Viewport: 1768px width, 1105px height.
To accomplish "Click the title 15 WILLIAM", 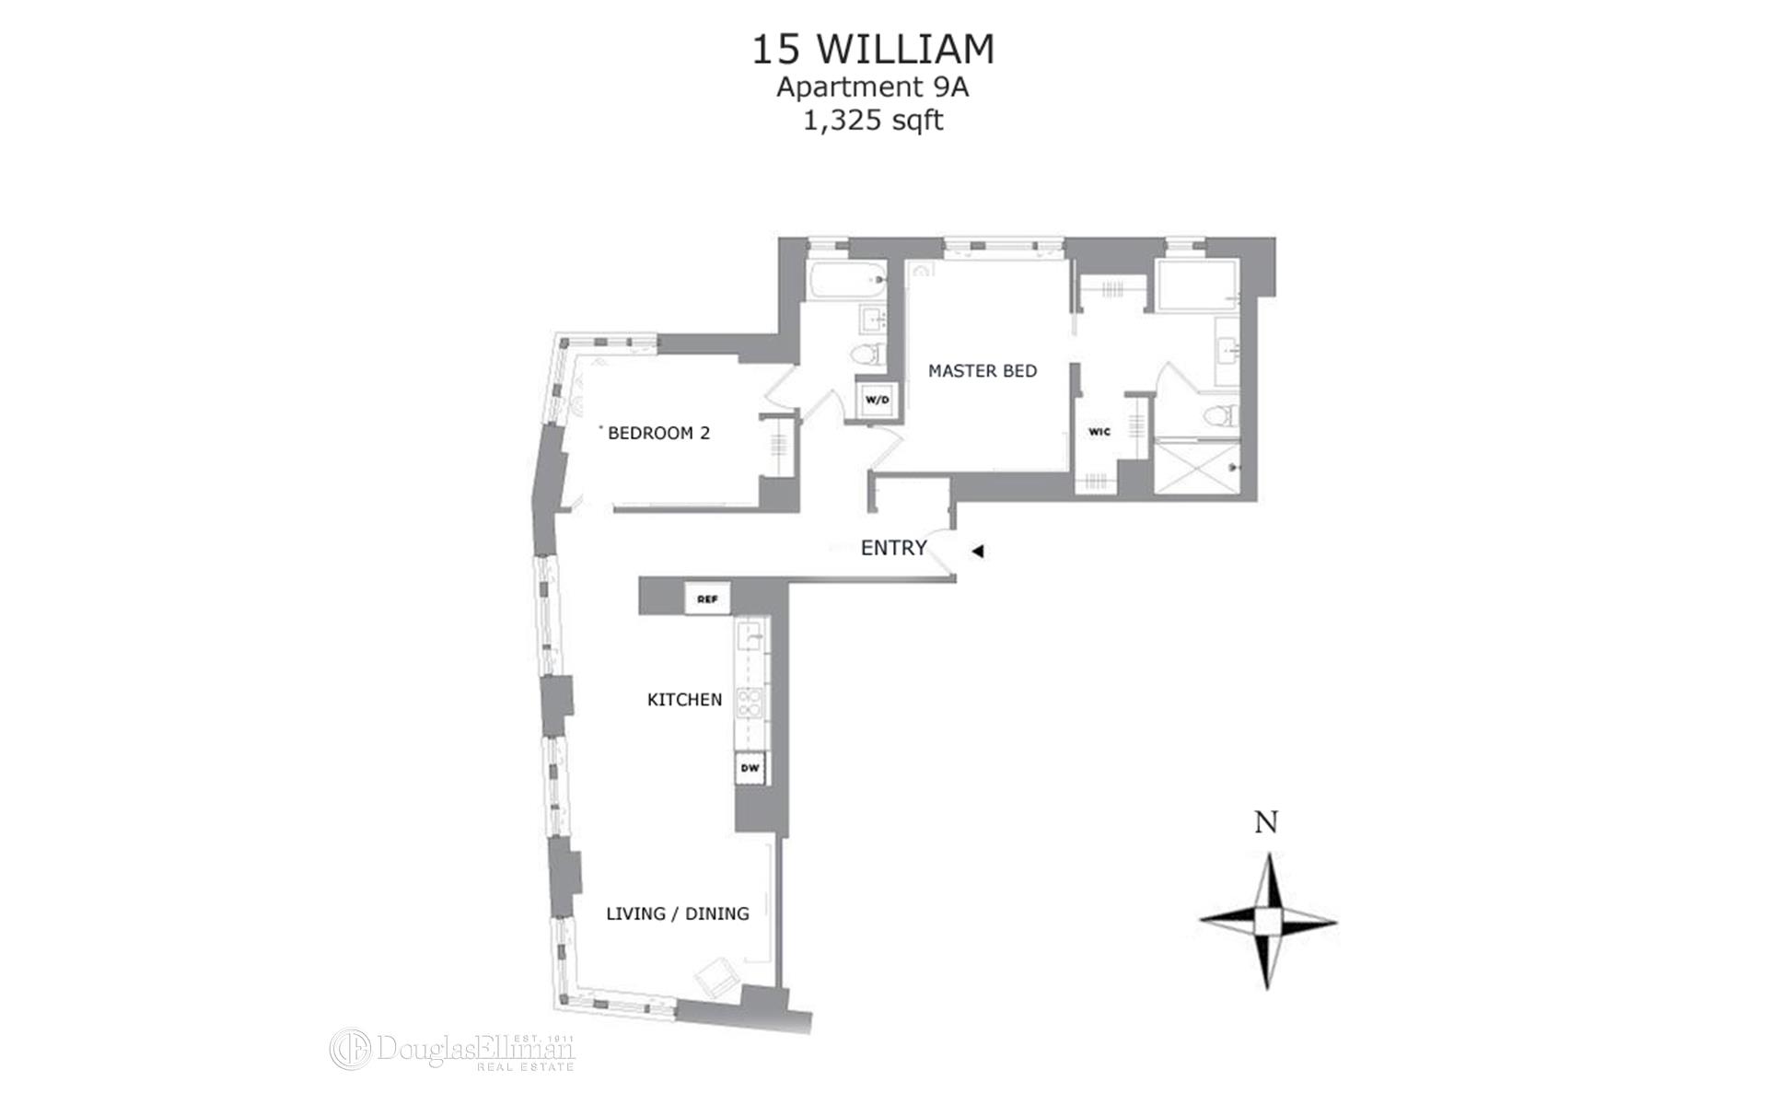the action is tap(873, 50).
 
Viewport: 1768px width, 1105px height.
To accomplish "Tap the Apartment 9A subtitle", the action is tap(873, 87).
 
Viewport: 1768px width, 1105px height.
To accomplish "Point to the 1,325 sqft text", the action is tap(873, 121).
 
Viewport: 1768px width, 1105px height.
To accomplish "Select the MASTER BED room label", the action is tap(982, 371).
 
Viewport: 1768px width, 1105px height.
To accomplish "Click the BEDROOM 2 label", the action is tap(658, 433).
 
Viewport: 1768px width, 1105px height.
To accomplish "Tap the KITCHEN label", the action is tap(684, 700).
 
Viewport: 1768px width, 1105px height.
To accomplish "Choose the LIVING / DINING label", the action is tap(677, 913).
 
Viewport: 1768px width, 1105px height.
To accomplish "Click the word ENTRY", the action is tap(893, 548).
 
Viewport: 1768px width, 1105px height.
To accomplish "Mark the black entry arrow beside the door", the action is tap(979, 552).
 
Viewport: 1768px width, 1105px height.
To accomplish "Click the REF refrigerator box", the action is tap(707, 599).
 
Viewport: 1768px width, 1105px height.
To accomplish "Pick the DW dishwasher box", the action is tap(750, 768).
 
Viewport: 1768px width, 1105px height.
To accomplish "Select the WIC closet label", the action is tap(1099, 432).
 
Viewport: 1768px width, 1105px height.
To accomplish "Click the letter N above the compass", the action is tap(1267, 822).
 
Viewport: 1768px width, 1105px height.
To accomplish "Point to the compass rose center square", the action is tap(1267, 920).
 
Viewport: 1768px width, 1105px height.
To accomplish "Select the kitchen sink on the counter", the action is tap(750, 635).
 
